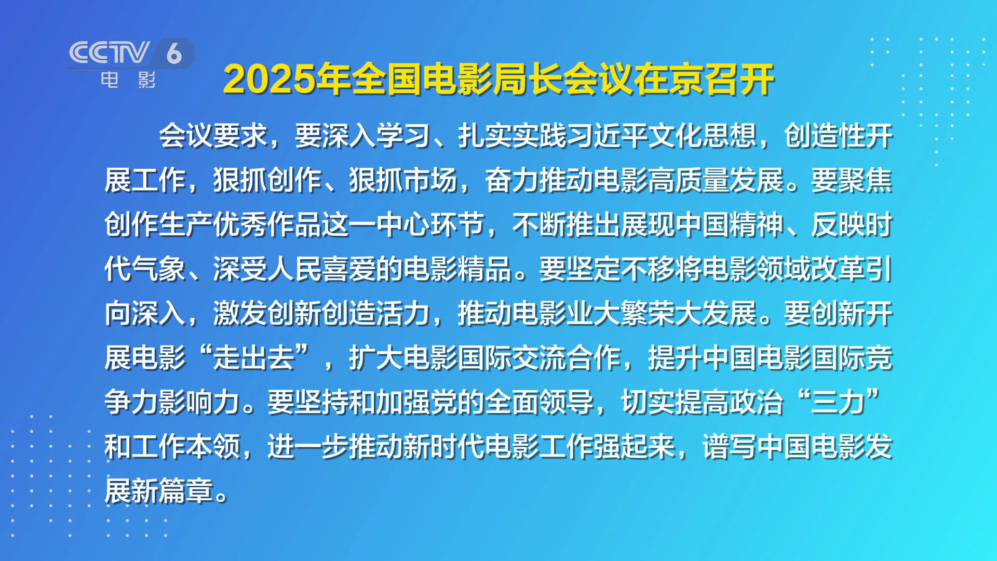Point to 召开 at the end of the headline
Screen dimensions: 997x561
(740, 79)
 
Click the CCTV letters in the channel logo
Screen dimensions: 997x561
(109, 52)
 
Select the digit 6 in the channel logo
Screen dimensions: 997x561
(174, 53)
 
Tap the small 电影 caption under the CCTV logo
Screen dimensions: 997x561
(128, 80)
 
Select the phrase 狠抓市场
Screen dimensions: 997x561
(403, 180)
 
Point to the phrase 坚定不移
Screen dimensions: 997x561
(621, 269)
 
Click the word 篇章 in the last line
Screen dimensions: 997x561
(186, 491)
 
